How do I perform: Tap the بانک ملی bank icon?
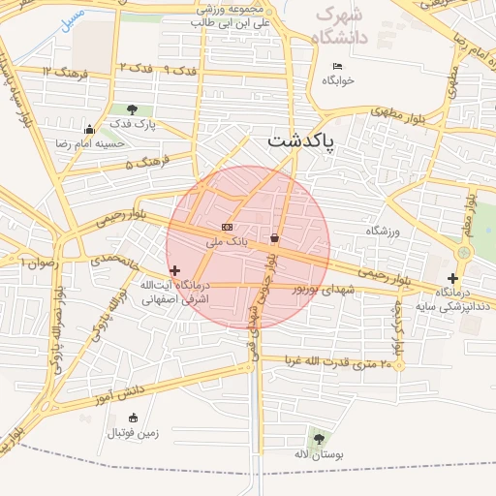point(227,226)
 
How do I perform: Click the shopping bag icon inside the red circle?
point(275,237)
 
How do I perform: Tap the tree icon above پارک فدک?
point(132,108)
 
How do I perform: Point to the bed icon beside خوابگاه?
point(337,66)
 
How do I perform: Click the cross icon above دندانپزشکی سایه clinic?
point(452,278)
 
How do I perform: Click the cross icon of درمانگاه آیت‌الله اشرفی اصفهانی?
point(174,271)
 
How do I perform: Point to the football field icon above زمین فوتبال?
point(113,418)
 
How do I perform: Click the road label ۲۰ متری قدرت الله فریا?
point(339,363)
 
